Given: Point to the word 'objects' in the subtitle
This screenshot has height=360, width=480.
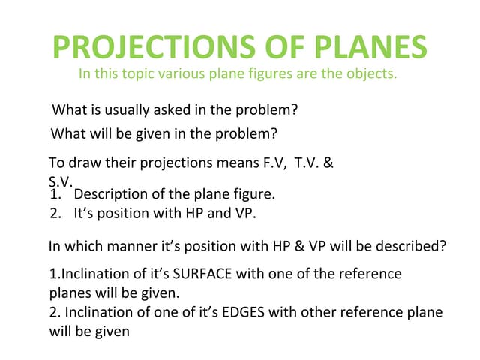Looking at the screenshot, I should click(371, 74).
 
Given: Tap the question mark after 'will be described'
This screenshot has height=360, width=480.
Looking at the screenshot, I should click(443, 245).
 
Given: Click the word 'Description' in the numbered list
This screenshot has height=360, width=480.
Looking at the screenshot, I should click(112, 195).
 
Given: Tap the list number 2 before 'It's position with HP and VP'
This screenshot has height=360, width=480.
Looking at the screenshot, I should click(53, 213).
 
